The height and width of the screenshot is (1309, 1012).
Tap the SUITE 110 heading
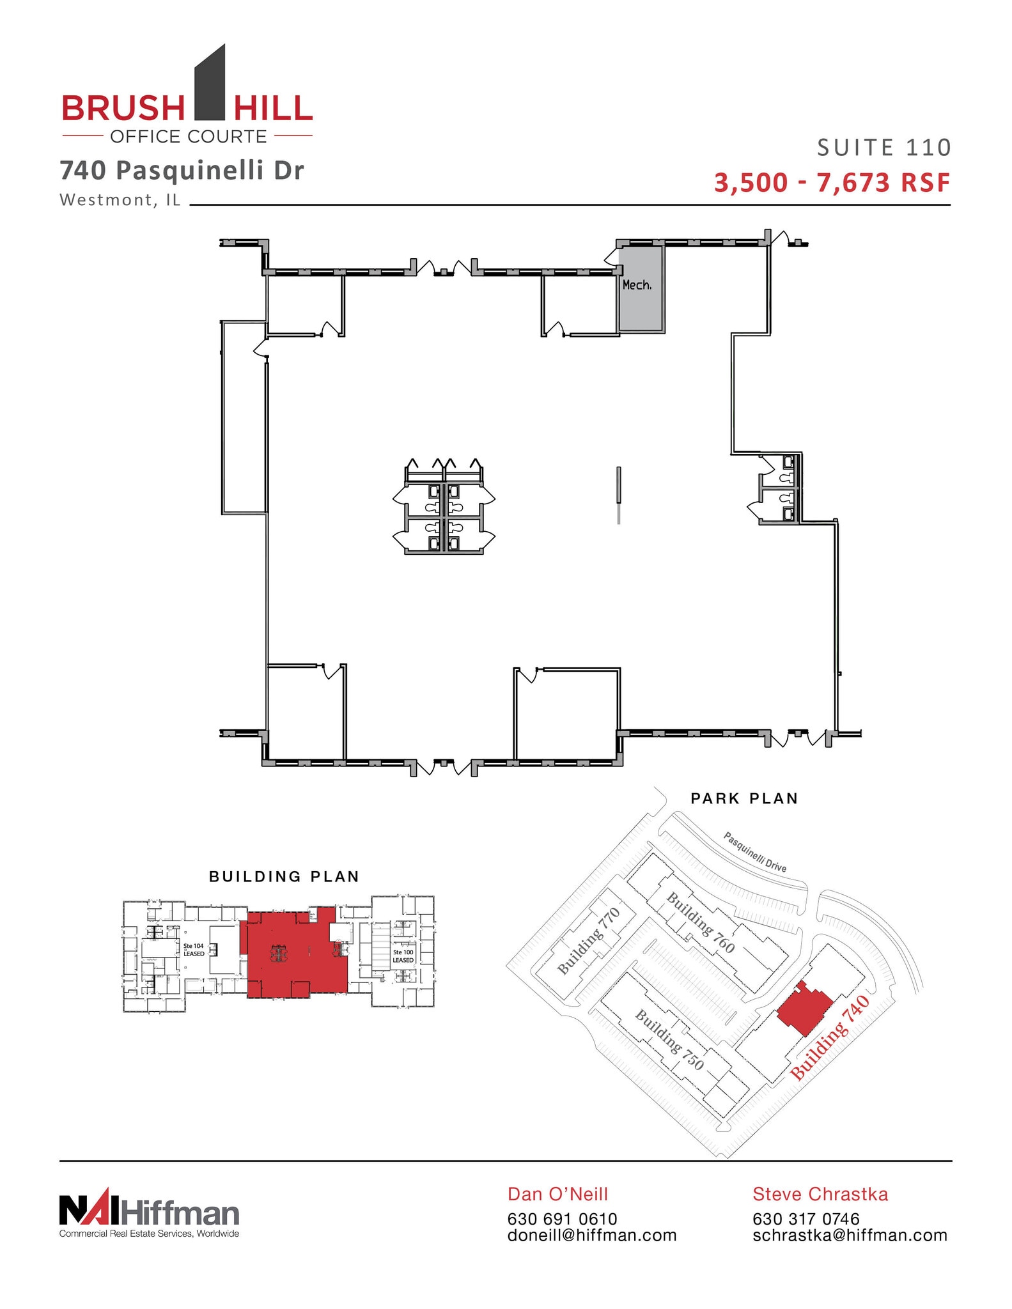coord(884,148)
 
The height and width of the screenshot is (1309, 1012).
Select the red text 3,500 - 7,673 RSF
coord(832,183)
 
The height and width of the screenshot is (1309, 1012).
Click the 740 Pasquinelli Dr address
coord(182,171)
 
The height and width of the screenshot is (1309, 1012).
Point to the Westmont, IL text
coord(120,200)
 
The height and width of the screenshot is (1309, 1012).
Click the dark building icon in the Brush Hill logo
coord(210,83)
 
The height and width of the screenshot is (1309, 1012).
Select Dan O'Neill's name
coord(557,1194)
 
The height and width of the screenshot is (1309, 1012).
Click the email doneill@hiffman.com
coord(592,1235)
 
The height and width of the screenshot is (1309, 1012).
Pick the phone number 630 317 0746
coord(806,1219)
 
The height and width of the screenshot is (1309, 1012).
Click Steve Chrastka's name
coord(820,1194)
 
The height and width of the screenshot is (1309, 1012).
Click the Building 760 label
coord(701,923)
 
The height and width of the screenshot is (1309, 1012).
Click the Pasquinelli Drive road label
coord(754,852)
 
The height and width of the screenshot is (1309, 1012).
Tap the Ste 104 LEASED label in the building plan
coord(194,950)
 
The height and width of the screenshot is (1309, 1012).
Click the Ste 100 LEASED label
coord(403,956)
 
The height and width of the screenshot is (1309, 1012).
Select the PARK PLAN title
coord(744,798)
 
